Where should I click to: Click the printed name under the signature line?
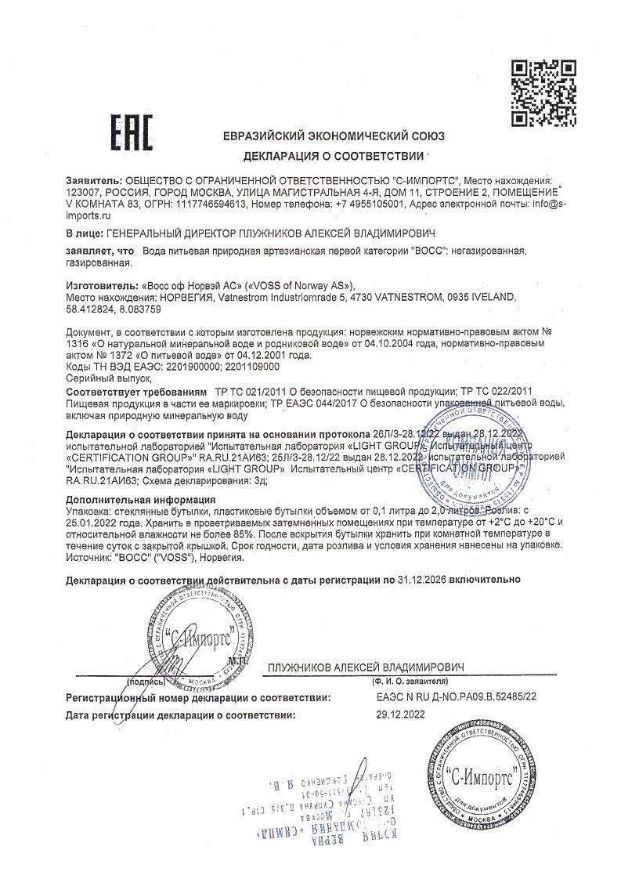click(x=366, y=667)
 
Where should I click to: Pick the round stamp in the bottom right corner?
click(x=482, y=776)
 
